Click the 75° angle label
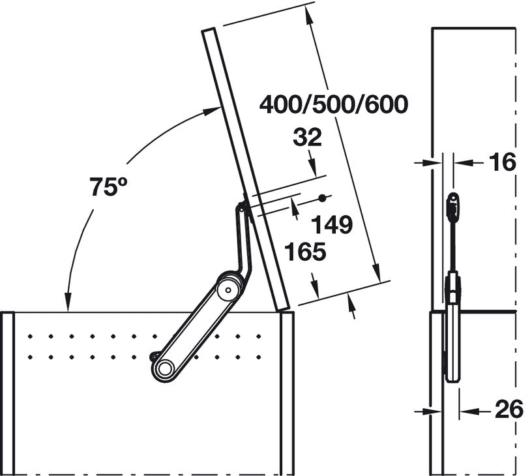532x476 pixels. click(108, 186)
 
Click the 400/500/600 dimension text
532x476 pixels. click(334, 104)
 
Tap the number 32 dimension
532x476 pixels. click(307, 138)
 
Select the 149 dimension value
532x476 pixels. click(332, 224)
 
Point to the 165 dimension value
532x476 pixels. click(305, 252)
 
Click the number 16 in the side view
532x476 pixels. click(503, 162)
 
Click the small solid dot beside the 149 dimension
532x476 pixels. click(322, 198)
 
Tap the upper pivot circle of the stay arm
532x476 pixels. click(228, 290)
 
